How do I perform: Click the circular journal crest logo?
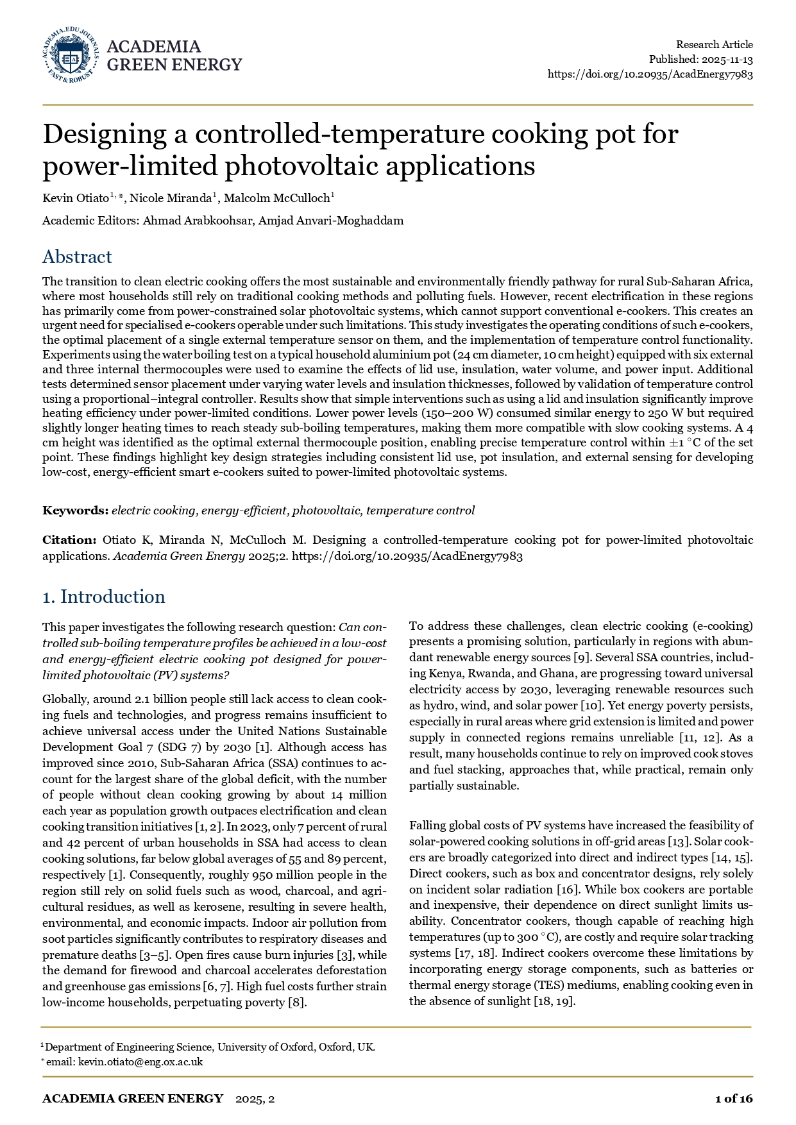pos(71,55)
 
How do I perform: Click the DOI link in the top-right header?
pos(650,74)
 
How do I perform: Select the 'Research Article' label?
pos(714,44)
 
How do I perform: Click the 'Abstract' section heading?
pos(77,257)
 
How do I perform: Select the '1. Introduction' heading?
pos(103,596)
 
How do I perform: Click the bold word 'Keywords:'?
pos(75,511)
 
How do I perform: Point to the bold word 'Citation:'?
pos(69,540)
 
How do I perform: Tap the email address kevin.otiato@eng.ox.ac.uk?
pos(140,1062)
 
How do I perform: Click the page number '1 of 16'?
pos(734,1099)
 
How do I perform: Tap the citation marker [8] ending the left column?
pos(297,1002)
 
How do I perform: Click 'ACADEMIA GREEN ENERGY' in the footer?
pos(133,1099)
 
